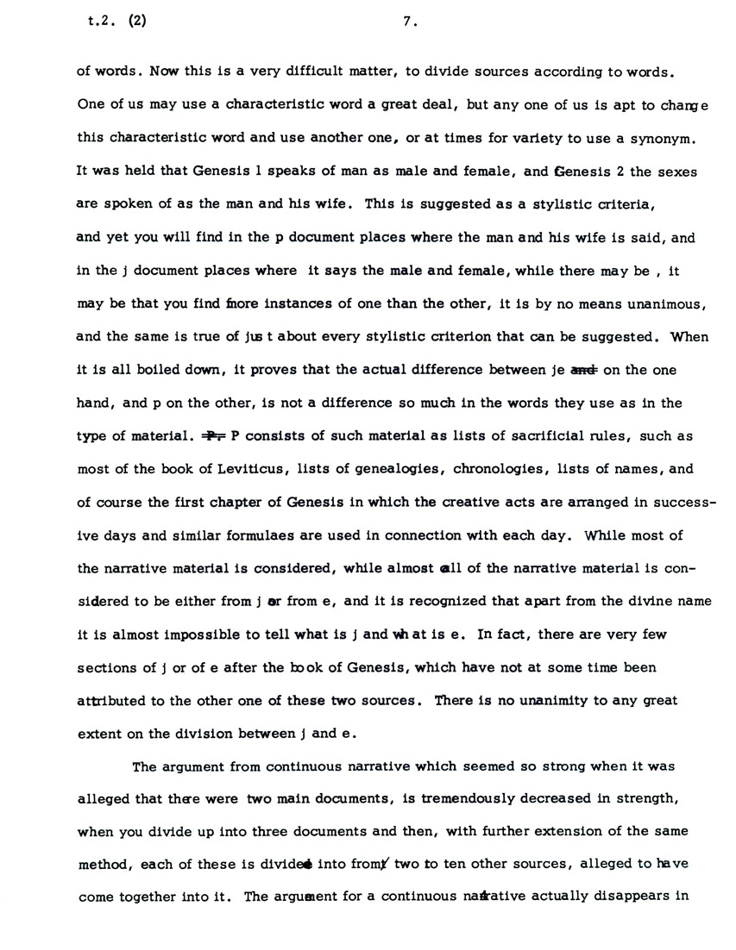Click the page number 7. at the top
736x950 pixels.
click(410, 24)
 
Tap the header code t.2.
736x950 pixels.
click(91, 24)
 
